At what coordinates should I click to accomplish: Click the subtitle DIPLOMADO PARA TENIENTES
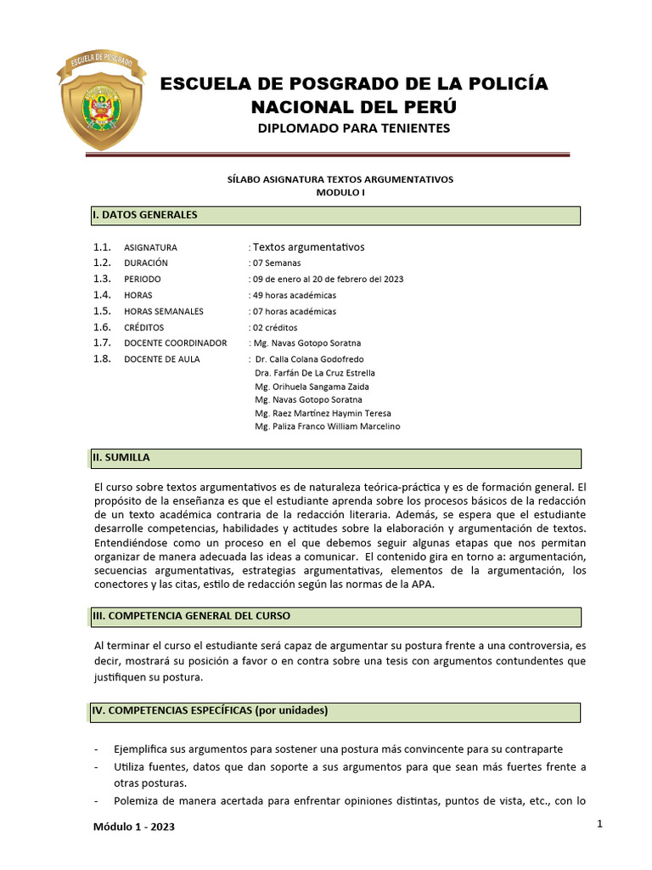tap(353, 128)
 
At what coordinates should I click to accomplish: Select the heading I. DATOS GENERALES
tap(145, 215)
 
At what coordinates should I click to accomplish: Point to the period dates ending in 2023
tap(328, 280)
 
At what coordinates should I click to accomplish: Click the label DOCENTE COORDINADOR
tap(175, 343)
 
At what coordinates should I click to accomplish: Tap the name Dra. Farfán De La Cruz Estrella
tap(314, 373)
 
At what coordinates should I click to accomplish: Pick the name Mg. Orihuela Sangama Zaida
tap(306, 387)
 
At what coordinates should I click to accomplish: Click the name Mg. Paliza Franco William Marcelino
tap(327, 427)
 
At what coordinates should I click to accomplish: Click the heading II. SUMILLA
tap(121, 458)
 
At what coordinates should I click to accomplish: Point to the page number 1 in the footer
tap(599, 824)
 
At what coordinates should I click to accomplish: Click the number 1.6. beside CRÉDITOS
tap(103, 328)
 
